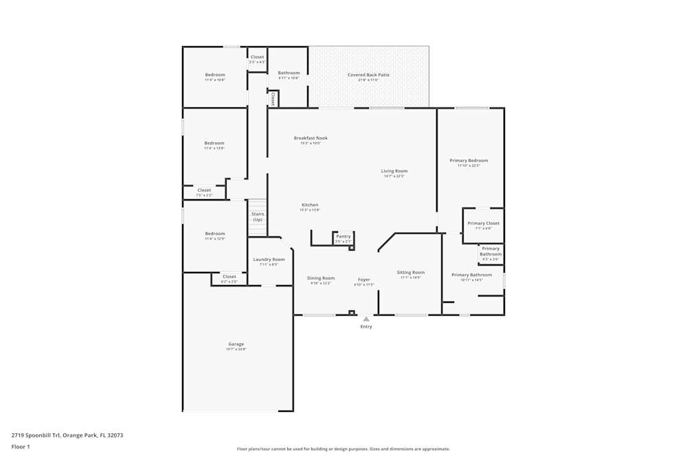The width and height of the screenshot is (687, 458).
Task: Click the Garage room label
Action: [236, 344]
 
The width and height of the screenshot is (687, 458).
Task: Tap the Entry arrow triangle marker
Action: [366, 319]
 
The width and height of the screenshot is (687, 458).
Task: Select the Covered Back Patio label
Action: [368, 75]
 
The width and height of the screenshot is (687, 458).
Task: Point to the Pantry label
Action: [343, 236]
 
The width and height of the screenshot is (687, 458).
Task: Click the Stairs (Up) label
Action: [258, 216]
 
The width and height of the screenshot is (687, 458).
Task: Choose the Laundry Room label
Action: [269, 260]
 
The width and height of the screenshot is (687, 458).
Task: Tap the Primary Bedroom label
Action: [469, 161]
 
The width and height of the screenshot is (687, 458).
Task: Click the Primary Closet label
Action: [483, 223]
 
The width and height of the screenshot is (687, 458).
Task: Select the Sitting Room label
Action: [411, 273]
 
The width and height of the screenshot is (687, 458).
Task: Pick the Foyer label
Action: [363, 279]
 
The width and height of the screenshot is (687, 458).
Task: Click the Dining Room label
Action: [320, 278]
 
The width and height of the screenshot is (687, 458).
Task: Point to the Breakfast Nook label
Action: [311, 138]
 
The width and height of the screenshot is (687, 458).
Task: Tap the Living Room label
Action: [394, 171]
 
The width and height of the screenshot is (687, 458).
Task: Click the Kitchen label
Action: [310, 205]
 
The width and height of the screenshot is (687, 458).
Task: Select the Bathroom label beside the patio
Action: [289, 73]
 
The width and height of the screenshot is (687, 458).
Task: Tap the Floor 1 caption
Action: [21, 446]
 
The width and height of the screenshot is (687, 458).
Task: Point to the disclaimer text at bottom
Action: [343, 449]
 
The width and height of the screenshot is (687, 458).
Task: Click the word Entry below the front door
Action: [366, 326]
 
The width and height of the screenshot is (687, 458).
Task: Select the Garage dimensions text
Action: [236, 350]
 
